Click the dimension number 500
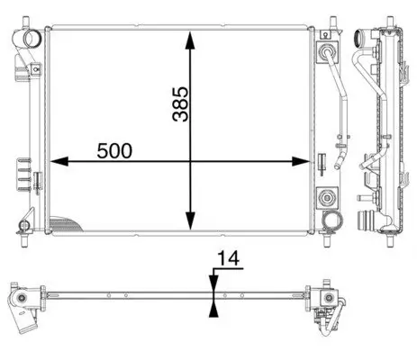tap(114, 150)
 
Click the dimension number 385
tap(181, 104)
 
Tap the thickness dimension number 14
tap(228, 258)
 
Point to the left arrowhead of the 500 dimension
tap(59, 161)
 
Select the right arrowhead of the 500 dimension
tap(301, 161)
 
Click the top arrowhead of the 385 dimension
tap(190, 40)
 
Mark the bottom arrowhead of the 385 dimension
tap(190, 220)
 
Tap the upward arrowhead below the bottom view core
tap(213, 309)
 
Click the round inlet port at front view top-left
tap(32, 39)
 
